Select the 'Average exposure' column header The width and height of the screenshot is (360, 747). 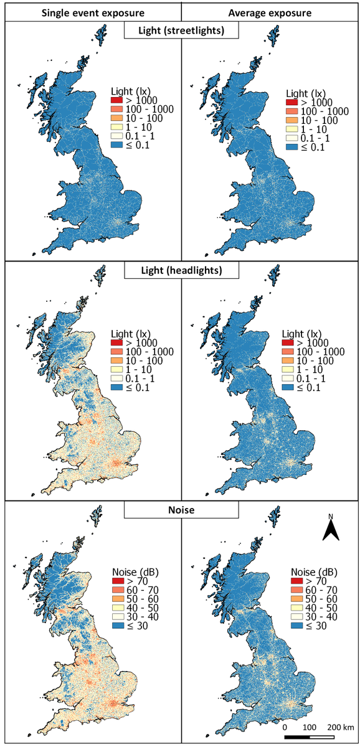tap(269, 12)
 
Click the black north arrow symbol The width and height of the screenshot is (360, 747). tap(332, 531)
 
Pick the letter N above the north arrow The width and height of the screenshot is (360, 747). tap(331, 517)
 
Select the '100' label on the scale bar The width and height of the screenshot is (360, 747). tap(309, 726)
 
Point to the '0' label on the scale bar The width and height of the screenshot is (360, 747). tap(285, 726)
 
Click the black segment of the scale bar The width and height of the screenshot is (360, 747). tap(296, 737)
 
